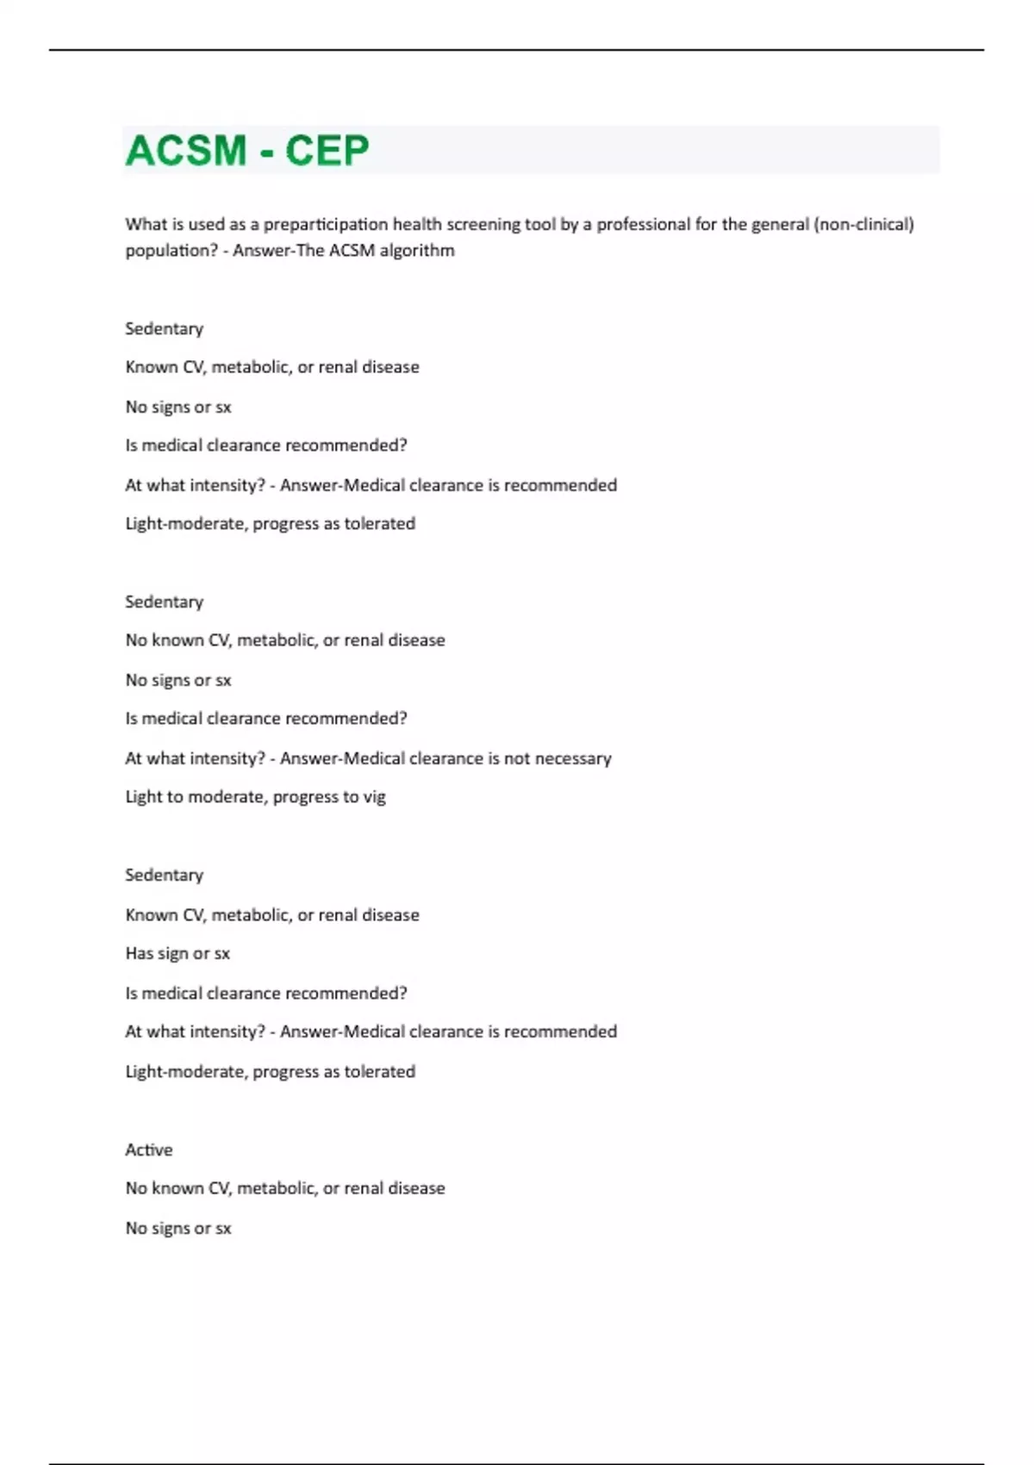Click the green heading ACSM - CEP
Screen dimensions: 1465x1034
247,151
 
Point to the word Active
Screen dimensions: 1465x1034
149,1150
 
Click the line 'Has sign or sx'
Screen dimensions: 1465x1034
178,953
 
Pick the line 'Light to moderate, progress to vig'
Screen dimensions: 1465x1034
255,797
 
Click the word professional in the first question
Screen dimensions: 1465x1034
643,225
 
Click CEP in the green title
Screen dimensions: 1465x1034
327,151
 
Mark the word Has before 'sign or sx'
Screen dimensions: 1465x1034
139,953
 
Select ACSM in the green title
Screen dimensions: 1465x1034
186,151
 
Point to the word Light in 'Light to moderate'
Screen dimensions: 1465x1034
143,797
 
